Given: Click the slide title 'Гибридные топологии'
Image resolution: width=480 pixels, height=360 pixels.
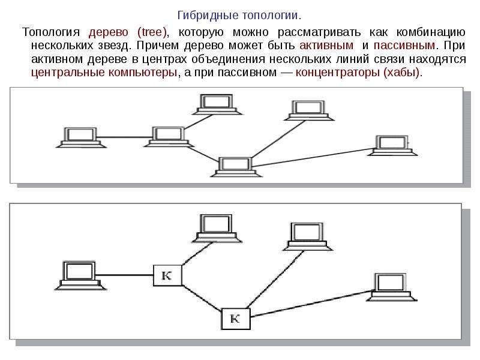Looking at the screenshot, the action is coord(239,15).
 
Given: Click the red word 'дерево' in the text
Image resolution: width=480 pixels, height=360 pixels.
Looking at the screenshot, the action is coord(109,32).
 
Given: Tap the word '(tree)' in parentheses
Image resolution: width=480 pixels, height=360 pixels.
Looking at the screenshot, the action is coord(152,32).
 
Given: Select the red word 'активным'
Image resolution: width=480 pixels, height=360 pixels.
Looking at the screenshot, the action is coord(326,46).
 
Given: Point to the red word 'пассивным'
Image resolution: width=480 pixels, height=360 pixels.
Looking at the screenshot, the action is coord(404,46).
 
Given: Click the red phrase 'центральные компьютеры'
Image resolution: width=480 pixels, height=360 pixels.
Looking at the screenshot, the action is coord(104,73).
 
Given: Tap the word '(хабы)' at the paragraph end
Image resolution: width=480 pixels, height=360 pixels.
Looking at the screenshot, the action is coord(401,73).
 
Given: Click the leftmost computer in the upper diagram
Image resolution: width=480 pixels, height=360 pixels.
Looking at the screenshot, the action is coord(81,138).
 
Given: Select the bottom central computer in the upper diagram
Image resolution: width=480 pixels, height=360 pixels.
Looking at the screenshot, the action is coord(236,167).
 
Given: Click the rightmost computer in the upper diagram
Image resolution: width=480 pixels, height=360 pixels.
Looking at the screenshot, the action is coord(392,145).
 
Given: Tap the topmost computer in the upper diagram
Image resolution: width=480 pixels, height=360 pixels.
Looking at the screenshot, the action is coord(217,104).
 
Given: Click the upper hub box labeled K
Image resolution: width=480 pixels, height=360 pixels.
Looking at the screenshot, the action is coord(167,275).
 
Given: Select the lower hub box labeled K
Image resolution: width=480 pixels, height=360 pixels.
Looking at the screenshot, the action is coord(235,319).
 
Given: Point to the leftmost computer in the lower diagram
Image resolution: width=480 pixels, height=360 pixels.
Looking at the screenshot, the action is coord(80,275).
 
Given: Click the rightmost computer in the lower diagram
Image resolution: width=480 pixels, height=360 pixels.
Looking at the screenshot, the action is coord(392,287).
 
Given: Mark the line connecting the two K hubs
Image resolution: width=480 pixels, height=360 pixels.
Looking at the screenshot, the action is coord(202,297).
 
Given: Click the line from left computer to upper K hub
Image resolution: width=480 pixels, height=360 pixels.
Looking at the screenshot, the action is coord(124,275).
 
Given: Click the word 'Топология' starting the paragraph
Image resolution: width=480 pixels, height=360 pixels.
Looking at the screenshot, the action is coord(51,32).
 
